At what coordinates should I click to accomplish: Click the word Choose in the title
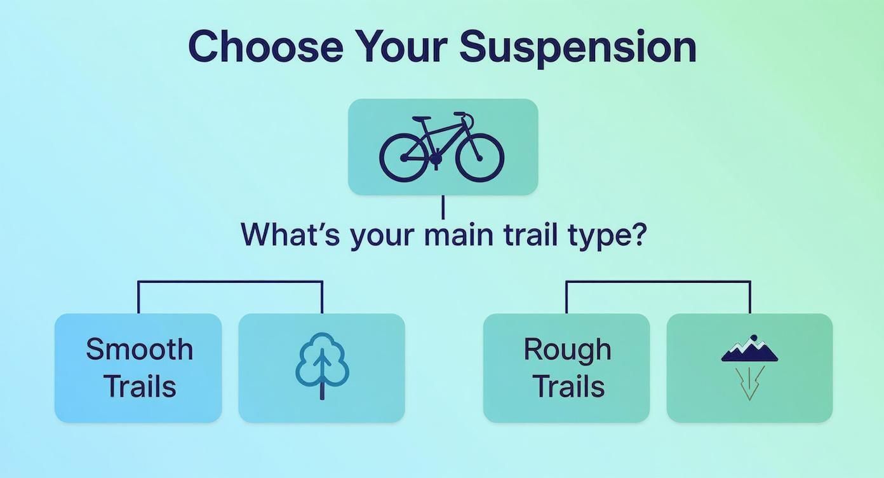[x=265, y=46]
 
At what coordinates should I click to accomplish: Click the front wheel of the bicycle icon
[x=479, y=156]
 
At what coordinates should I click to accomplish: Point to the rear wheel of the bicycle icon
[x=404, y=156]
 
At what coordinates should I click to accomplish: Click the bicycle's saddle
[x=421, y=118]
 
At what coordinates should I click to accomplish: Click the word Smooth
[x=139, y=349]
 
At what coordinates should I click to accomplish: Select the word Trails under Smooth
[x=139, y=386]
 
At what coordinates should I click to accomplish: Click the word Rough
[x=567, y=349]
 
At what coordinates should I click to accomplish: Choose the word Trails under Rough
[x=568, y=386]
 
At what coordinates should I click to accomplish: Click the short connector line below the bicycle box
[x=443, y=207]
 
